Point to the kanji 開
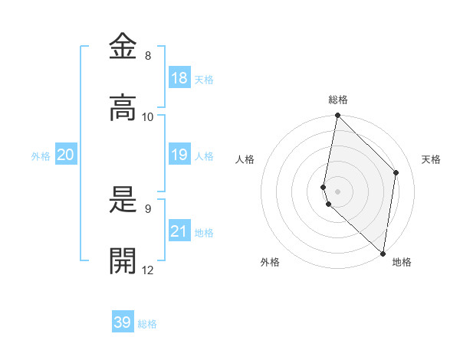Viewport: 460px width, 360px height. coord(123,261)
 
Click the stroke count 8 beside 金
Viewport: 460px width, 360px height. coord(148,56)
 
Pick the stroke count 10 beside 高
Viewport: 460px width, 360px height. coord(148,117)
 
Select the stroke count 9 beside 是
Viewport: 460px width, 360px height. coord(148,208)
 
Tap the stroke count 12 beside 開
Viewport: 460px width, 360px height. coord(148,270)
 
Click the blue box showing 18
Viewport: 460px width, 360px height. coord(179,78)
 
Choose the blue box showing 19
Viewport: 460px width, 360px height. coord(179,155)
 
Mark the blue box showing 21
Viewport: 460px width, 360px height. coord(179,231)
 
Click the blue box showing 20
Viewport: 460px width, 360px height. coord(66,155)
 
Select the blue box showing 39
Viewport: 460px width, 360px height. coord(123,322)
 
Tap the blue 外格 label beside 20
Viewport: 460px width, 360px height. coord(41,156)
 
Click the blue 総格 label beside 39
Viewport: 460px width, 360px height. coord(148,324)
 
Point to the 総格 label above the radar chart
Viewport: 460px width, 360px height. coord(338,100)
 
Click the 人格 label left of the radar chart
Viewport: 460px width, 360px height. coord(245,159)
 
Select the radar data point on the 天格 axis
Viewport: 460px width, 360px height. coord(396,172)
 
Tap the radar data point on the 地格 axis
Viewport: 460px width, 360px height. coord(383,253)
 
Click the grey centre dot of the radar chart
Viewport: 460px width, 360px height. coord(338,191)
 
